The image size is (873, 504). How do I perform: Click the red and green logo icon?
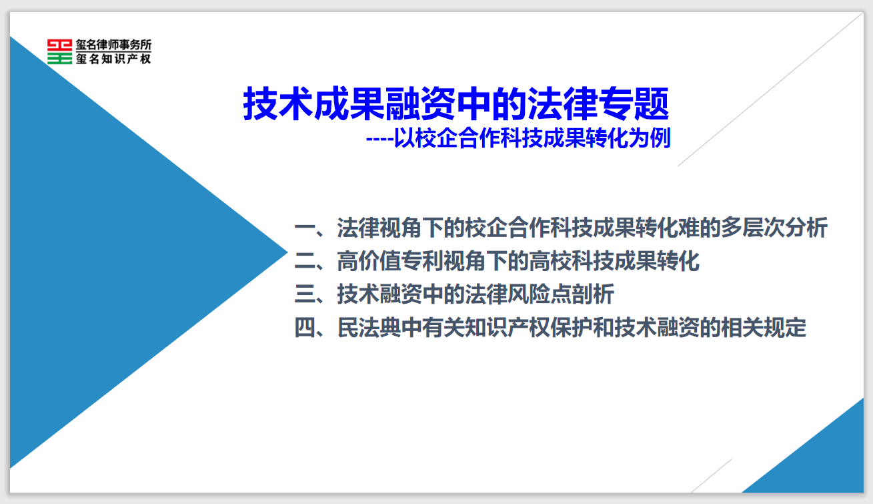point(59,51)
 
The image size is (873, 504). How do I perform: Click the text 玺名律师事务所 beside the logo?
point(113,45)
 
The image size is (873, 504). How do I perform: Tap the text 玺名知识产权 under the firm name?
point(113,59)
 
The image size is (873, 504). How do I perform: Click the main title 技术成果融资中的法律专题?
point(456,103)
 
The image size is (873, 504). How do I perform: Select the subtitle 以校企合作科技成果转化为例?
point(532,138)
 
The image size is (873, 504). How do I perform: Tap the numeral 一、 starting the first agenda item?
point(309,228)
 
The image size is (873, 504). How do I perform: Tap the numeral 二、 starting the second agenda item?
point(309,262)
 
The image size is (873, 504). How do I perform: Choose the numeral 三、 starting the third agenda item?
point(309,294)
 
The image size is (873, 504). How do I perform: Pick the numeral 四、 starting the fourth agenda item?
point(309,328)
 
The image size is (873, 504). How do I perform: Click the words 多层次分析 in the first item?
point(774,228)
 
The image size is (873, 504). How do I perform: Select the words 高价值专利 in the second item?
point(390,261)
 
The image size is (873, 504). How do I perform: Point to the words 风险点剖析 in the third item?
point(561,294)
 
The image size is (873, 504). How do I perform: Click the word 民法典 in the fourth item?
point(369,327)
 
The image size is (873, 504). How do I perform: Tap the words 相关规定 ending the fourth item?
point(764,327)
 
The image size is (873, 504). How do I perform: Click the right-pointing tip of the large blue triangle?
point(287,252)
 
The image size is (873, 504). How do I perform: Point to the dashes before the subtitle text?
point(379,140)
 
